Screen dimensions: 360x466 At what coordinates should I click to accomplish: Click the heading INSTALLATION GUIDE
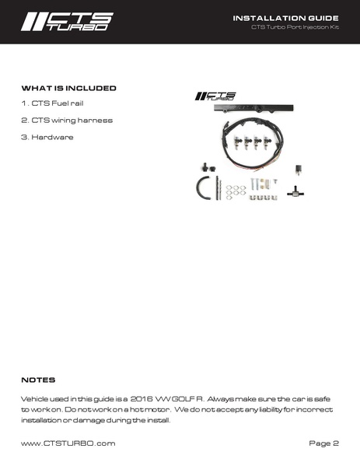pyautogui.click(x=285, y=17)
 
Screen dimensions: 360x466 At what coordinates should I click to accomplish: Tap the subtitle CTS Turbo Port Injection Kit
pyautogui.click(x=295, y=29)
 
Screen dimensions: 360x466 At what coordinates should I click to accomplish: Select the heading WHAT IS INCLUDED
pyautogui.click(x=68, y=88)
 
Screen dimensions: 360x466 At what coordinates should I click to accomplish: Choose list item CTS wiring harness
pyautogui.click(x=67, y=120)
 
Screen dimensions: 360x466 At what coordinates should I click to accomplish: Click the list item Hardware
pyautogui.click(x=47, y=137)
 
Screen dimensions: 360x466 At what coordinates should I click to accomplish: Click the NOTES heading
pyautogui.click(x=38, y=380)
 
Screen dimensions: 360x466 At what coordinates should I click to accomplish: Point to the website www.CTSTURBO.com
pyautogui.click(x=68, y=443)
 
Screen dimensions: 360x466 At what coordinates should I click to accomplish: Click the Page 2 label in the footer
pyautogui.click(x=324, y=443)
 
